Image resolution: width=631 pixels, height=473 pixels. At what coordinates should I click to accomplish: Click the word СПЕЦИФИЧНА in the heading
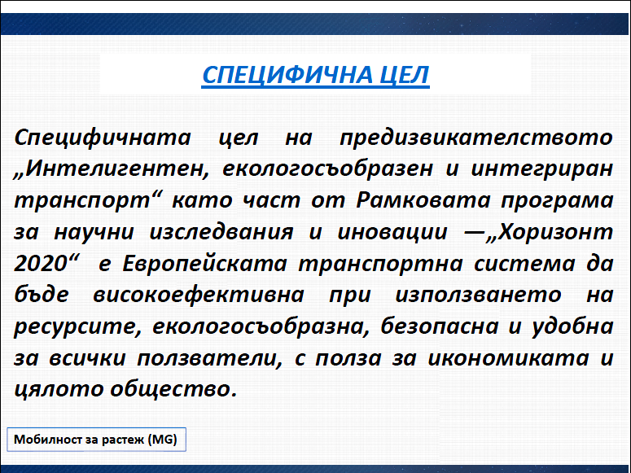click(x=287, y=75)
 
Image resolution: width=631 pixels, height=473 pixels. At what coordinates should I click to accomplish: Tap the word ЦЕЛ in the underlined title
click(x=405, y=75)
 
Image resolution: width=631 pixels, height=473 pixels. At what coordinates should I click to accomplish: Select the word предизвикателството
click(x=476, y=138)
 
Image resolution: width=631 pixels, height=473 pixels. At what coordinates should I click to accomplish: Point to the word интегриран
click(x=541, y=169)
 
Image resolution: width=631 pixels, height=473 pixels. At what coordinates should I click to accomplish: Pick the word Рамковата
click(x=423, y=200)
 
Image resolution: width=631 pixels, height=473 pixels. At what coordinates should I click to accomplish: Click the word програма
click(x=557, y=201)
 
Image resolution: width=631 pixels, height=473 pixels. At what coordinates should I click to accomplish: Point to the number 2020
click(x=40, y=264)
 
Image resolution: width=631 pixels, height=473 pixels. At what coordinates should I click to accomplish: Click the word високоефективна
click(x=199, y=295)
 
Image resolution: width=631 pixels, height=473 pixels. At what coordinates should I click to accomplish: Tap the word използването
click(x=478, y=295)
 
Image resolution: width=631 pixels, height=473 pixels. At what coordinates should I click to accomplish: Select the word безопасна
click(x=439, y=326)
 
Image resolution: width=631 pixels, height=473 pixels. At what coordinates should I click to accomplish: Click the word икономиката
click(x=508, y=358)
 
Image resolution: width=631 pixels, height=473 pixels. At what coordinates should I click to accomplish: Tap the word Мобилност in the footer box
click(x=49, y=439)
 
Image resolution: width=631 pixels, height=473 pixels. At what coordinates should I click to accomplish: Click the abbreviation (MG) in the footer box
click(x=163, y=440)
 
